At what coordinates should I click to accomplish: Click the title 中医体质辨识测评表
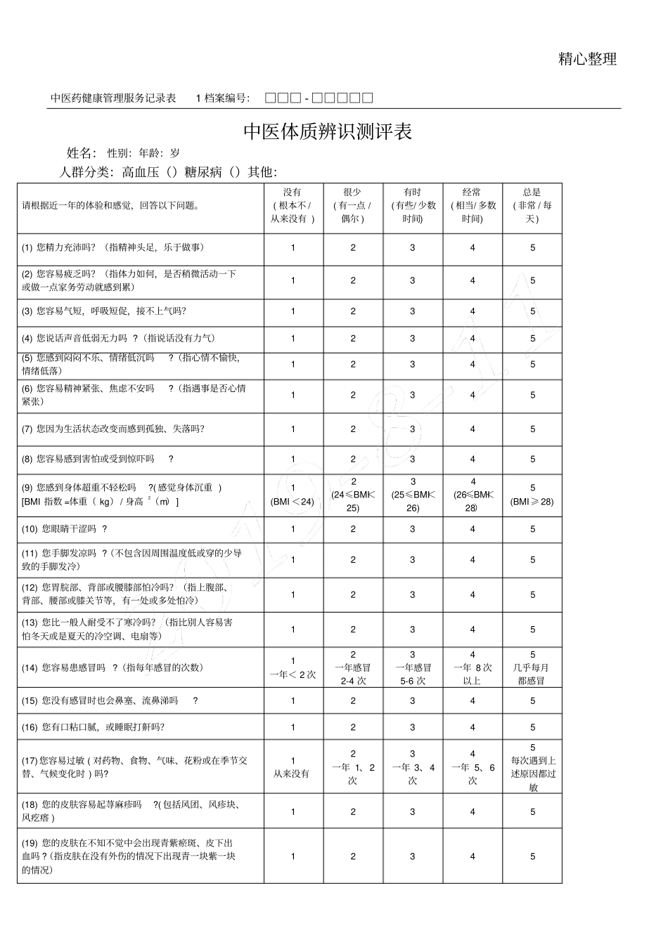click(327, 132)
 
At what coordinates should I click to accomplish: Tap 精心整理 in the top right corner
click(587, 60)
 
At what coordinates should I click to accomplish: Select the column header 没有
click(293, 193)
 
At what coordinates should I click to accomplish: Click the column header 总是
click(532, 193)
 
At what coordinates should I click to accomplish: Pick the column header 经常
click(472, 193)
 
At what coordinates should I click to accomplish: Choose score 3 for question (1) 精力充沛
click(413, 247)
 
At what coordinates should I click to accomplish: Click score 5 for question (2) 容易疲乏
click(532, 280)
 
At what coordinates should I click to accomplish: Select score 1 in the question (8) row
click(293, 459)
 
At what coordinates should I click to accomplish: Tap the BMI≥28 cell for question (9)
click(532, 495)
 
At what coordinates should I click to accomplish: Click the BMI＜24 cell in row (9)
click(293, 495)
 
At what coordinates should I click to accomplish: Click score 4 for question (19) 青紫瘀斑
click(473, 856)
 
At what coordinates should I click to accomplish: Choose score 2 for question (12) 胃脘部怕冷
click(353, 594)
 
